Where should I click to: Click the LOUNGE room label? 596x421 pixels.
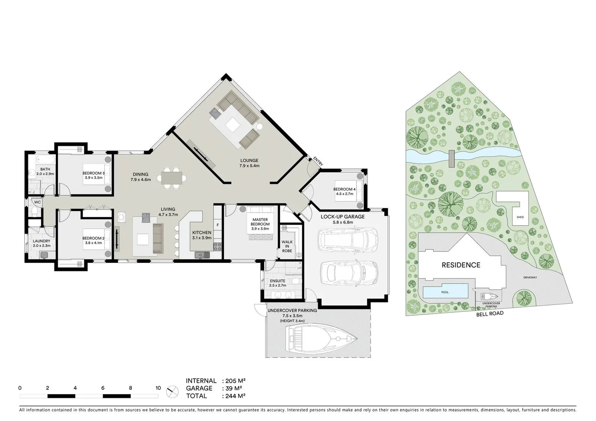(x=249, y=160)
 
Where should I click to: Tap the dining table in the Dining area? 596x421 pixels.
(x=172, y=178)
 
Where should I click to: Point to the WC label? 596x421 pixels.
(x=37, y=202)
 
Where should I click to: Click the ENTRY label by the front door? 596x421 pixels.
(x=318, y=162)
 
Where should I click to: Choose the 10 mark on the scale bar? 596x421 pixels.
(x=158, y=388)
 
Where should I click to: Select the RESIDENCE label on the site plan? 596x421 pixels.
(x=461, y=265)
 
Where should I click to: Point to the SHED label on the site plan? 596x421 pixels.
(x=520, y=217)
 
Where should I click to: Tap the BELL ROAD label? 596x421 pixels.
(x=490, y=313)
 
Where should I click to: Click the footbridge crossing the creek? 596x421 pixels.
(x=452, y=158)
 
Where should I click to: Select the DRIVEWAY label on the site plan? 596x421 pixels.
(x=530, y=278)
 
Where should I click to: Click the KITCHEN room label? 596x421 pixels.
(x=202, y=233)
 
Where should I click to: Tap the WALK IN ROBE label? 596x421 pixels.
(x=287, y=246)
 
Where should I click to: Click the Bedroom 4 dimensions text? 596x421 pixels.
(x=344, y=193)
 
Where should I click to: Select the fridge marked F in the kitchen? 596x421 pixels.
(x=218, y=225)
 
